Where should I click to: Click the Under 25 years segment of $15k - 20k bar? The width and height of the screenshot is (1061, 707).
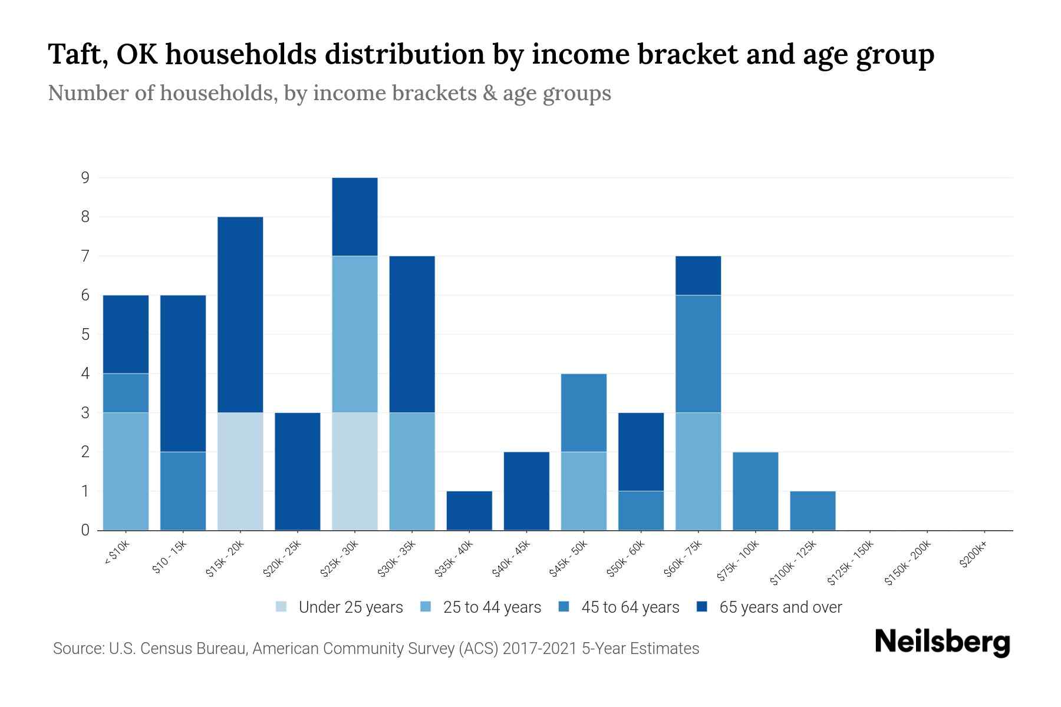coord(240,471)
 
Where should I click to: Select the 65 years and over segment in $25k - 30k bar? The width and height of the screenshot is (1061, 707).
coord(354,216)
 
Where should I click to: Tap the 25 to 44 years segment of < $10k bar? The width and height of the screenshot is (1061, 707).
coord(126,471)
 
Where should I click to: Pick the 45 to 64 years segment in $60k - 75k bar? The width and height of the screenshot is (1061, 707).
coord(698,353)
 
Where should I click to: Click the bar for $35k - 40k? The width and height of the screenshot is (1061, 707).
coord(469,510)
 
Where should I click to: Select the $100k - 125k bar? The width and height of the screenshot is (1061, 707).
coord(812,510)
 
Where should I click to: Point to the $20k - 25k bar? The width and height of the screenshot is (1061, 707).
coord(297,471)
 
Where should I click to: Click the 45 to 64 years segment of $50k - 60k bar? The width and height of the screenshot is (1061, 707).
coord(641,510)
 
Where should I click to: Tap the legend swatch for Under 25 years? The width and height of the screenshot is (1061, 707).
coord(282,607)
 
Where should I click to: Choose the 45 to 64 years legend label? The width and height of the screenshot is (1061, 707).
coord(630,607)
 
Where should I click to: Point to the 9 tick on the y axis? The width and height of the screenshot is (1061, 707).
coord(85,177)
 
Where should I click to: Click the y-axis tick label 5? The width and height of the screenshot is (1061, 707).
coord(85,334)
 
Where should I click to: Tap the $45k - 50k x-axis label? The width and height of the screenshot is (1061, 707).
coord(569,559)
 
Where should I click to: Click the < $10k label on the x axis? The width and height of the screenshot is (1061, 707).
coord(117,554)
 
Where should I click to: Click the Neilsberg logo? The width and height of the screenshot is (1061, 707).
coord(942,642)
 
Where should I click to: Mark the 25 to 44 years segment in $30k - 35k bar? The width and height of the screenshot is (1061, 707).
coord(411,471)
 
